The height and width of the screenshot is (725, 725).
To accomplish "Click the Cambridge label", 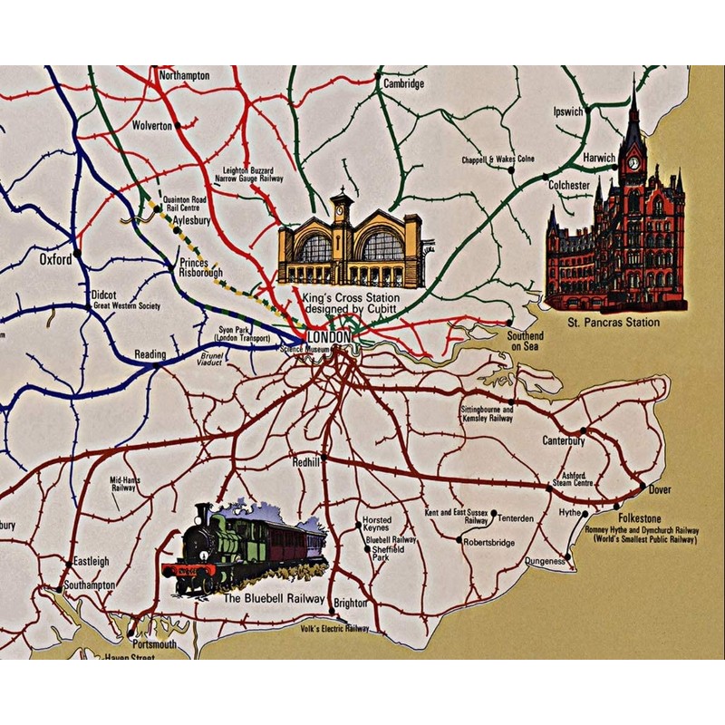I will click(403, 83).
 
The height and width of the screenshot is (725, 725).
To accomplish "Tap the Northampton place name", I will click(184, 75).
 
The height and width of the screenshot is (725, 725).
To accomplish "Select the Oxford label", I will click(55, 259).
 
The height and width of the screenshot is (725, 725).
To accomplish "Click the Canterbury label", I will click(564, 441).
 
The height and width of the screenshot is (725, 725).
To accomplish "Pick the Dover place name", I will click(660, 489).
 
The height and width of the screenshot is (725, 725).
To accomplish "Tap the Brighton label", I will click(351, 603).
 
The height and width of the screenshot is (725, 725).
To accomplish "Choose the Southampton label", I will click(88, 585).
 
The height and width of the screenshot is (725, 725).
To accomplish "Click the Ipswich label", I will click(568, 112).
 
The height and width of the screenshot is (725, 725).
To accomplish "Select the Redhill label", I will click(306, 461).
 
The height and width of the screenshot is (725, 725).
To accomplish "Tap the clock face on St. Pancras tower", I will click(633, 164).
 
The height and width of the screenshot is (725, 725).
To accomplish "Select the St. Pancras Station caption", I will click(614, 323).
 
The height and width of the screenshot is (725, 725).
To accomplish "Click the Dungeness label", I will click(545, 562).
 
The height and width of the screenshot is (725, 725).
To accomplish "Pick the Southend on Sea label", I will click(526, 341).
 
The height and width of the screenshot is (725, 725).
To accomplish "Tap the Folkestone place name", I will click(640, 518).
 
